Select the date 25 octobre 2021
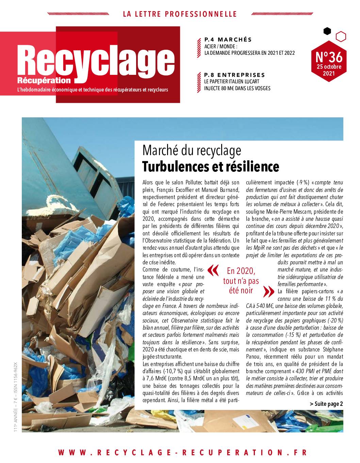tap(329, 69)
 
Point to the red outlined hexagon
tap(341, 36)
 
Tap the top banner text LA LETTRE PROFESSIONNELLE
tap(180, 14)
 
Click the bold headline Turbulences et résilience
tap(211, 166)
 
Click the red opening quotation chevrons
tap(213, 270)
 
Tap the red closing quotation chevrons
tap(268, 291)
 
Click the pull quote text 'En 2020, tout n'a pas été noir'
tap(241, 281)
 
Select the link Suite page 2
tap(326, 404)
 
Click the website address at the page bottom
tap(182, 452)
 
